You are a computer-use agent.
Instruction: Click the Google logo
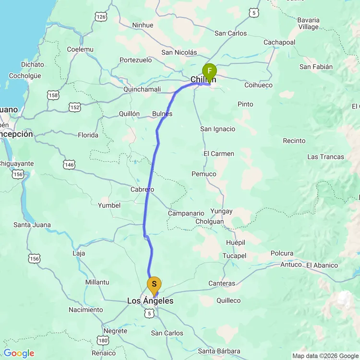(x=19, y=353)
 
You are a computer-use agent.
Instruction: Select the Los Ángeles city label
(x=150, y=301)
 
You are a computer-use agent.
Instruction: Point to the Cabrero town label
(x=143, y=190)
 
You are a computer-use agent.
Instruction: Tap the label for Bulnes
(x=162, y=114)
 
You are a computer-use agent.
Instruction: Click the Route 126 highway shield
(x=101, y=17)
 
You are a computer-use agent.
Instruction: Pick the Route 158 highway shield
(x=54, y=96)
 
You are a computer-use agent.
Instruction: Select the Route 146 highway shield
(x=69, y=165)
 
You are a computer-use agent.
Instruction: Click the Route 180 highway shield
(x=103, y=341)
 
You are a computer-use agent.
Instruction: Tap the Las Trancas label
(x=326, y=156)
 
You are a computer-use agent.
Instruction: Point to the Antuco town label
(x=291, y=264)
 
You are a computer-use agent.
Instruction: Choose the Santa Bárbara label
(x=219, y=351)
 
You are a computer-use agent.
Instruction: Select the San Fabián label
(x=316, y=67)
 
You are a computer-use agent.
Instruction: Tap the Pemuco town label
(x=204, y=174)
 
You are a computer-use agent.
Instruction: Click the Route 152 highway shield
(x=74, y=108)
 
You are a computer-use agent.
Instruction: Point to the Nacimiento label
(x=86, y=310)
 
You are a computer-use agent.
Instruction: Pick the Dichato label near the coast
(x=33, y=64)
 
